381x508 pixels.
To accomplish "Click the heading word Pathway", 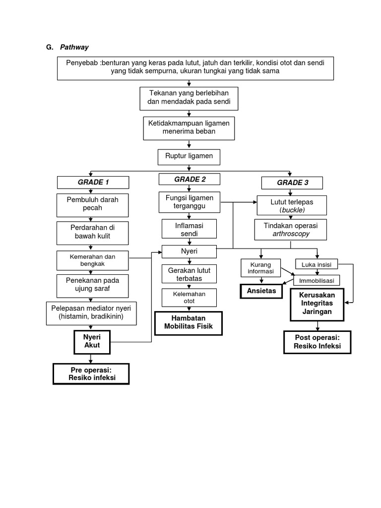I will [x=74, y=47].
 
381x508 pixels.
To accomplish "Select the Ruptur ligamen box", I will [x=189, y=156].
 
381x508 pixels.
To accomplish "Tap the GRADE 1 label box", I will [x=93, y=182].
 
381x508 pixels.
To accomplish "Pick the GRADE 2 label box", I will [x=190, y=180].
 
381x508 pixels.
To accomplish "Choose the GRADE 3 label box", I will [x=292, y=183].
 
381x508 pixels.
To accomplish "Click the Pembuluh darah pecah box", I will [x=93, y=203].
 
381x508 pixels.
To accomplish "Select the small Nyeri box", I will [x=189, y=252].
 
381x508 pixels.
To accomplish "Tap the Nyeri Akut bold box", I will [x=91, y=341].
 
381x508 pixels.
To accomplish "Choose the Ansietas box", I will [x=261, y=291].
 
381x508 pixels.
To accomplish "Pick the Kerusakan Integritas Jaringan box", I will [x=317, y=304].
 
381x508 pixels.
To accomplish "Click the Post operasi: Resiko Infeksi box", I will [x=317, y=342].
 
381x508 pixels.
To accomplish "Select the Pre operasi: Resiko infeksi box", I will [x=91, y=374].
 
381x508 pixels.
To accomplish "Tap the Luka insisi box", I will [x=317, y=264].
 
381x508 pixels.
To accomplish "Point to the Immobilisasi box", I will [x=317, y=280].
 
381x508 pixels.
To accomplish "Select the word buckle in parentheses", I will [x=292, y=210].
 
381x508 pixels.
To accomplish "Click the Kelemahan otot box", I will [x=189, y=298].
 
